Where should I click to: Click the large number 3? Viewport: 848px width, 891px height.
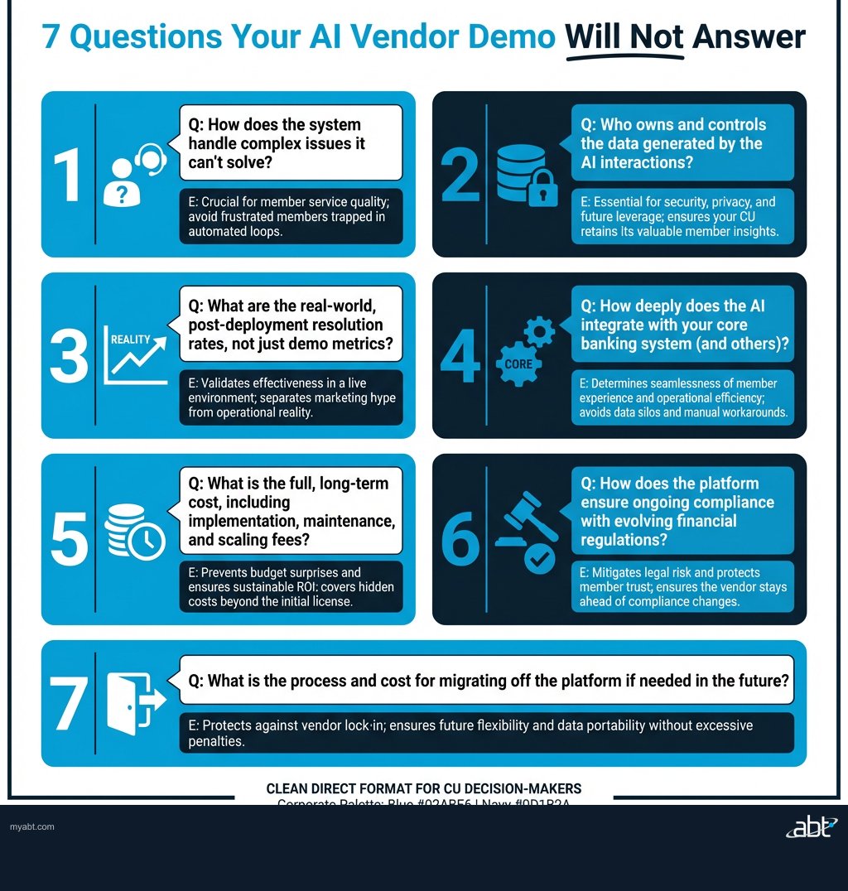tap(69, 356)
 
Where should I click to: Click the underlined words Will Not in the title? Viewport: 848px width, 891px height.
tap(624, 38)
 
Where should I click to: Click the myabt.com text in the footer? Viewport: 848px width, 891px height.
tap(32, 827)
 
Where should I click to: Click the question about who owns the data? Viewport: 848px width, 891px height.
tap(682, 142)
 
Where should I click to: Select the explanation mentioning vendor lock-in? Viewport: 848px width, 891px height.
tap(486, 733)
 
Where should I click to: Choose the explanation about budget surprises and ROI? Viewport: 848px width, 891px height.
tap(291, 586)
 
